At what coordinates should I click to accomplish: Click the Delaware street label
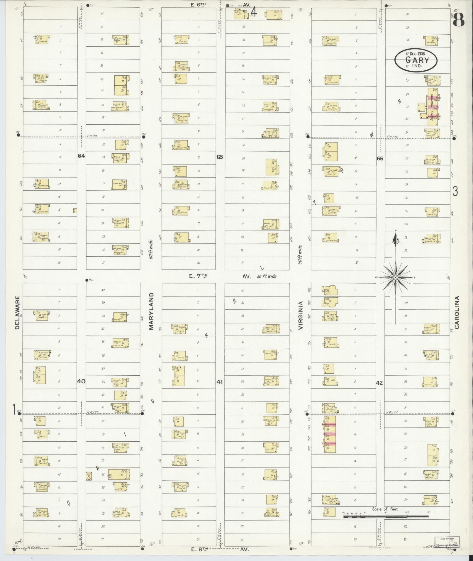tap(17, 312)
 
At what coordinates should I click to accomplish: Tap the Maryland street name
tap(151, 311)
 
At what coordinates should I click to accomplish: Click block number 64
tap(81, 156)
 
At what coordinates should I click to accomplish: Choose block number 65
tap(220, 157)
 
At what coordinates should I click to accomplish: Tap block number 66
tap(380, 158)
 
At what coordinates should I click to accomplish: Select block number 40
tap(81, 381)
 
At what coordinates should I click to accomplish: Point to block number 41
tap(220, 382)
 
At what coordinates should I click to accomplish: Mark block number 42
tap(379, 383)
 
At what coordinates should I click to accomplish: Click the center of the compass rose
tap(395, 277)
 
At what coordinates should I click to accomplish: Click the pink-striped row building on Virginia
tap(330, 434)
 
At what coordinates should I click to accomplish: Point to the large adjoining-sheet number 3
tap(455, 191)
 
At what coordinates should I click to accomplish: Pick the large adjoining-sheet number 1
tap(13, 409)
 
